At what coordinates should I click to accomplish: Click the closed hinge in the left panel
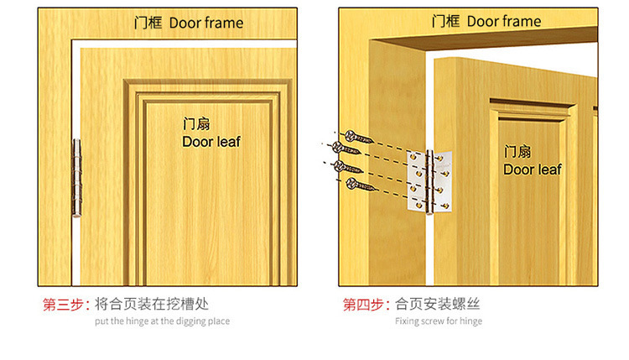[76, 178]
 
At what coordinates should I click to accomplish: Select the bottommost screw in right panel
[361, 185]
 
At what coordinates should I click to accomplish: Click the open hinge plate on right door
[430, 181]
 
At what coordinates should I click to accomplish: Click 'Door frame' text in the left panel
[206, 23]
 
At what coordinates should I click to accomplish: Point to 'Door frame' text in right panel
[504, 21]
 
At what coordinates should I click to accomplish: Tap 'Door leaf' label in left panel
[211, 142]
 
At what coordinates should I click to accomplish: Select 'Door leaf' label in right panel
[533, 170]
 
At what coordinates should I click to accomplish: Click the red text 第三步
[63, 305]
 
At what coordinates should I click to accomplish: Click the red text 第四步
[363, 305]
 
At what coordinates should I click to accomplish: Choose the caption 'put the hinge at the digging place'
[163, 321]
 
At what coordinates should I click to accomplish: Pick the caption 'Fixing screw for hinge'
[439, 321]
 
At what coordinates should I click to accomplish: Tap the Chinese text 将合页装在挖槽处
[152, 305]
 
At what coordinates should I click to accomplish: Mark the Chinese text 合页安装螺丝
[437, 305]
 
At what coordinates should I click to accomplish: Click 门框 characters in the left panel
[148, 23]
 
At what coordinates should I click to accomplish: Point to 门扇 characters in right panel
[517, 152]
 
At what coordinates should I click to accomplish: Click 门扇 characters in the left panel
[196, 124]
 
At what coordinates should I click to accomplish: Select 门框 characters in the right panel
[445, 21]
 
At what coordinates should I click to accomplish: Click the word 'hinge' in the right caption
[471, 321]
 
